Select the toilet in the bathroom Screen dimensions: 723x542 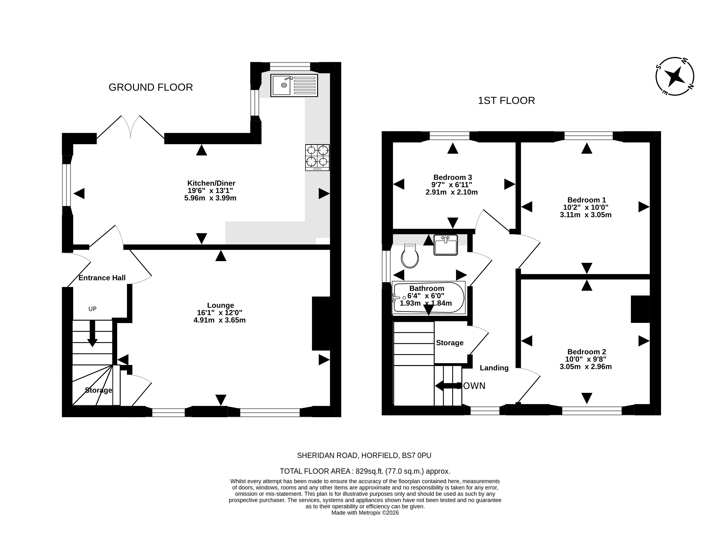[x=410, y=256]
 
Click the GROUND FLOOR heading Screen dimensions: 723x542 [x=151, y=87]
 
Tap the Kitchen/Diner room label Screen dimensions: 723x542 [x=211, y=183]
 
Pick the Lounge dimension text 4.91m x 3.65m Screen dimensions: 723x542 [x=220, y=320]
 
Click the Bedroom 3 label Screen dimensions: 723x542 [x=453, y=177]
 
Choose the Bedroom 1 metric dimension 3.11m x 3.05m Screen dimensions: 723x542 [x=586, y=215]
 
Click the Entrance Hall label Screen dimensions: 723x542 [x=102, y=278]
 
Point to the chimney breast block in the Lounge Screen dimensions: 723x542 [x=321, y=323]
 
